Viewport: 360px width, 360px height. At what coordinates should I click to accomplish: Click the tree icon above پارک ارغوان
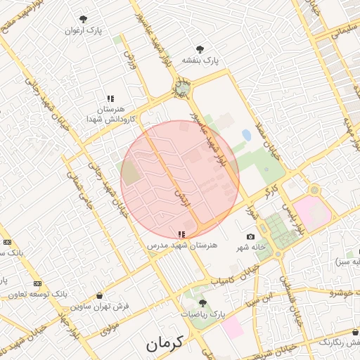[x=84, y=19]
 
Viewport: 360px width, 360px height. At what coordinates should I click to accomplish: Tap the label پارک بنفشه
[x=200, y=60]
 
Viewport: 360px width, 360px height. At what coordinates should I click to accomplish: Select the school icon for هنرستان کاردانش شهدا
[x=110, y=99]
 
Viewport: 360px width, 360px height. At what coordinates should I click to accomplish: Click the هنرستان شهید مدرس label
[x=182, y=245]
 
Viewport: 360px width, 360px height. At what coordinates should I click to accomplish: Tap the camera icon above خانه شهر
[x=250, y=237]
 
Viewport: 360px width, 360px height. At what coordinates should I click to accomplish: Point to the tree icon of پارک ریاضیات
[x=203, y=303]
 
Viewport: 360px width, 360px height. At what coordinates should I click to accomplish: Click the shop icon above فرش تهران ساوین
[x=99, y=295]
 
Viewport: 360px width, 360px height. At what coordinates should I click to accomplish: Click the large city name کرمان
[x=164, y=343]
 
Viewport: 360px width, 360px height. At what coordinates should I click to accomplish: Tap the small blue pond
[x=246, y=134]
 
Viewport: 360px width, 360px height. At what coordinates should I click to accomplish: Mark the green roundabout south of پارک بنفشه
[x=182, y=89]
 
